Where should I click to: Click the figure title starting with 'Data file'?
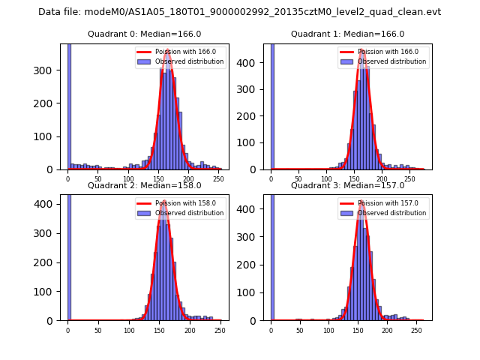[x=239, y=12]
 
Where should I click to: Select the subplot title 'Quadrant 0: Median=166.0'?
[x=144, y=34]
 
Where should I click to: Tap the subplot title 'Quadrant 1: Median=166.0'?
[x=347, y=34]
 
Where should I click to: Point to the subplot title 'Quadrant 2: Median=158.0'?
[x=144, y=185]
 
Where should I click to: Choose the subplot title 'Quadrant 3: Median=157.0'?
[x=347, y=185]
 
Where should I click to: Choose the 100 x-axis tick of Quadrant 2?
[x=129, y=330]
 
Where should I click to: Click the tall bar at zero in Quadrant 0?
[x=69, y=105]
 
